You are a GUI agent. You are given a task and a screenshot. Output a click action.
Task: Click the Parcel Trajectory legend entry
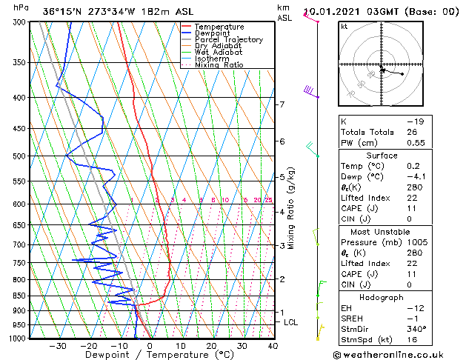(x=229, y=39)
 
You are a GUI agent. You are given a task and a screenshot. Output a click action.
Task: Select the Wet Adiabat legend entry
(x=219, y=52)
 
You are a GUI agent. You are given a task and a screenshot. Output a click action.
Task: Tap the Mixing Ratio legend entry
(x=219, y=65)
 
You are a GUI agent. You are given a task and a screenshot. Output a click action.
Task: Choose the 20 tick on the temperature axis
(x=211, y=346)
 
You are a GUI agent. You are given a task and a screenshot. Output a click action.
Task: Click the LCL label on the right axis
(x=291, y=322)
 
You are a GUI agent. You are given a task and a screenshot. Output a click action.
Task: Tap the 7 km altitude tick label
(x=282, y=104)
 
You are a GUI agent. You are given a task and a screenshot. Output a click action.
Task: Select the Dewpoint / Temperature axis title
(x=148, y=355)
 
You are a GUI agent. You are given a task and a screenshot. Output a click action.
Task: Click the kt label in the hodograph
(x=344, y=26)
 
